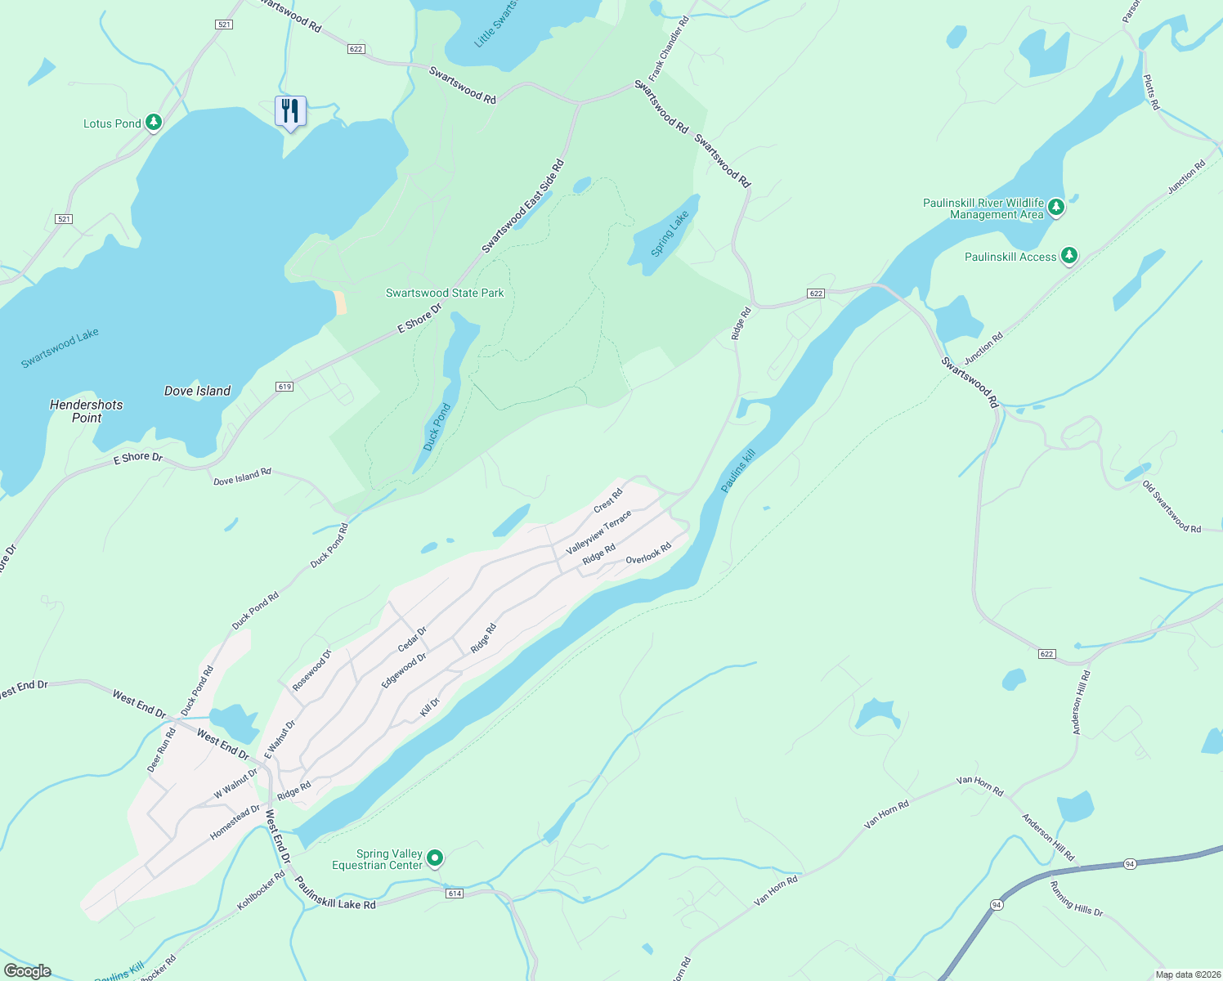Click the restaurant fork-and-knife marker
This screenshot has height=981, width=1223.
(x=290, y=110)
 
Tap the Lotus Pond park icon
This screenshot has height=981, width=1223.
(x=153, y=123)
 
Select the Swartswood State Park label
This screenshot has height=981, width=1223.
(x=445, y=293)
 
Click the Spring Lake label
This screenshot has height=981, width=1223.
(x=670, y=234)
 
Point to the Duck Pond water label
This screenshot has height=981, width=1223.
(x=437, y=427)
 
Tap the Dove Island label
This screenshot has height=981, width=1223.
(x=197, y=391)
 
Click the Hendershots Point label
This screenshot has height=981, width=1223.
(x=86, y=411)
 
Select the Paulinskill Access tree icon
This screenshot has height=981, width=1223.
(x=1068, y=256)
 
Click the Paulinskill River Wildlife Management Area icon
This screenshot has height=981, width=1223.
(x=1055, y=207)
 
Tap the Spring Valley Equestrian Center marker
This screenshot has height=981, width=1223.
(x=435, y=858)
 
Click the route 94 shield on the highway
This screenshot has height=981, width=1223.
(x=1130, y=864)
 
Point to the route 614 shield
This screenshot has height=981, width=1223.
(x=455, y=894)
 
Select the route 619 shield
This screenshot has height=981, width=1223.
(x=284, y=387)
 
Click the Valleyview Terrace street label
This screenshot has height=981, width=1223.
(x=598, y=532)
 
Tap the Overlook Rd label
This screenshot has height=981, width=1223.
(x=648, y=553)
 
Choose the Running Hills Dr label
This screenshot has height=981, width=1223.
(x=1076, y=898)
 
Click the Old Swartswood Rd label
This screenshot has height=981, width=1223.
(x=1171, y=507)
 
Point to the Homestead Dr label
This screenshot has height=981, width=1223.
(x=235, y=822)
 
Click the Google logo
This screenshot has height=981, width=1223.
(x=28, y=971)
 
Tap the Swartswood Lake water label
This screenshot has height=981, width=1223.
(x=60, y=347)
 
